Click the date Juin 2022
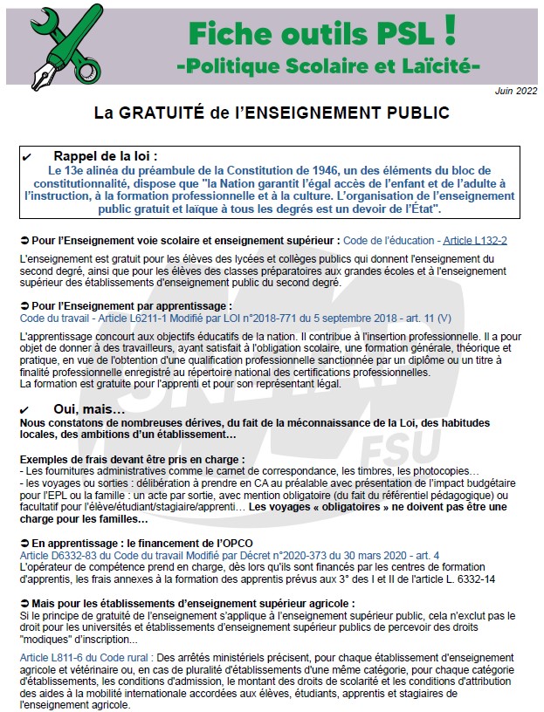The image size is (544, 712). tap(515, 91)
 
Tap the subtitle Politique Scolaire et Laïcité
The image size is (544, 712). tap(328, 65)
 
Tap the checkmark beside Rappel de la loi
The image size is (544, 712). tap(27, 156)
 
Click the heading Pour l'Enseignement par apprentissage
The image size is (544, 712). tap(131, 306)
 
